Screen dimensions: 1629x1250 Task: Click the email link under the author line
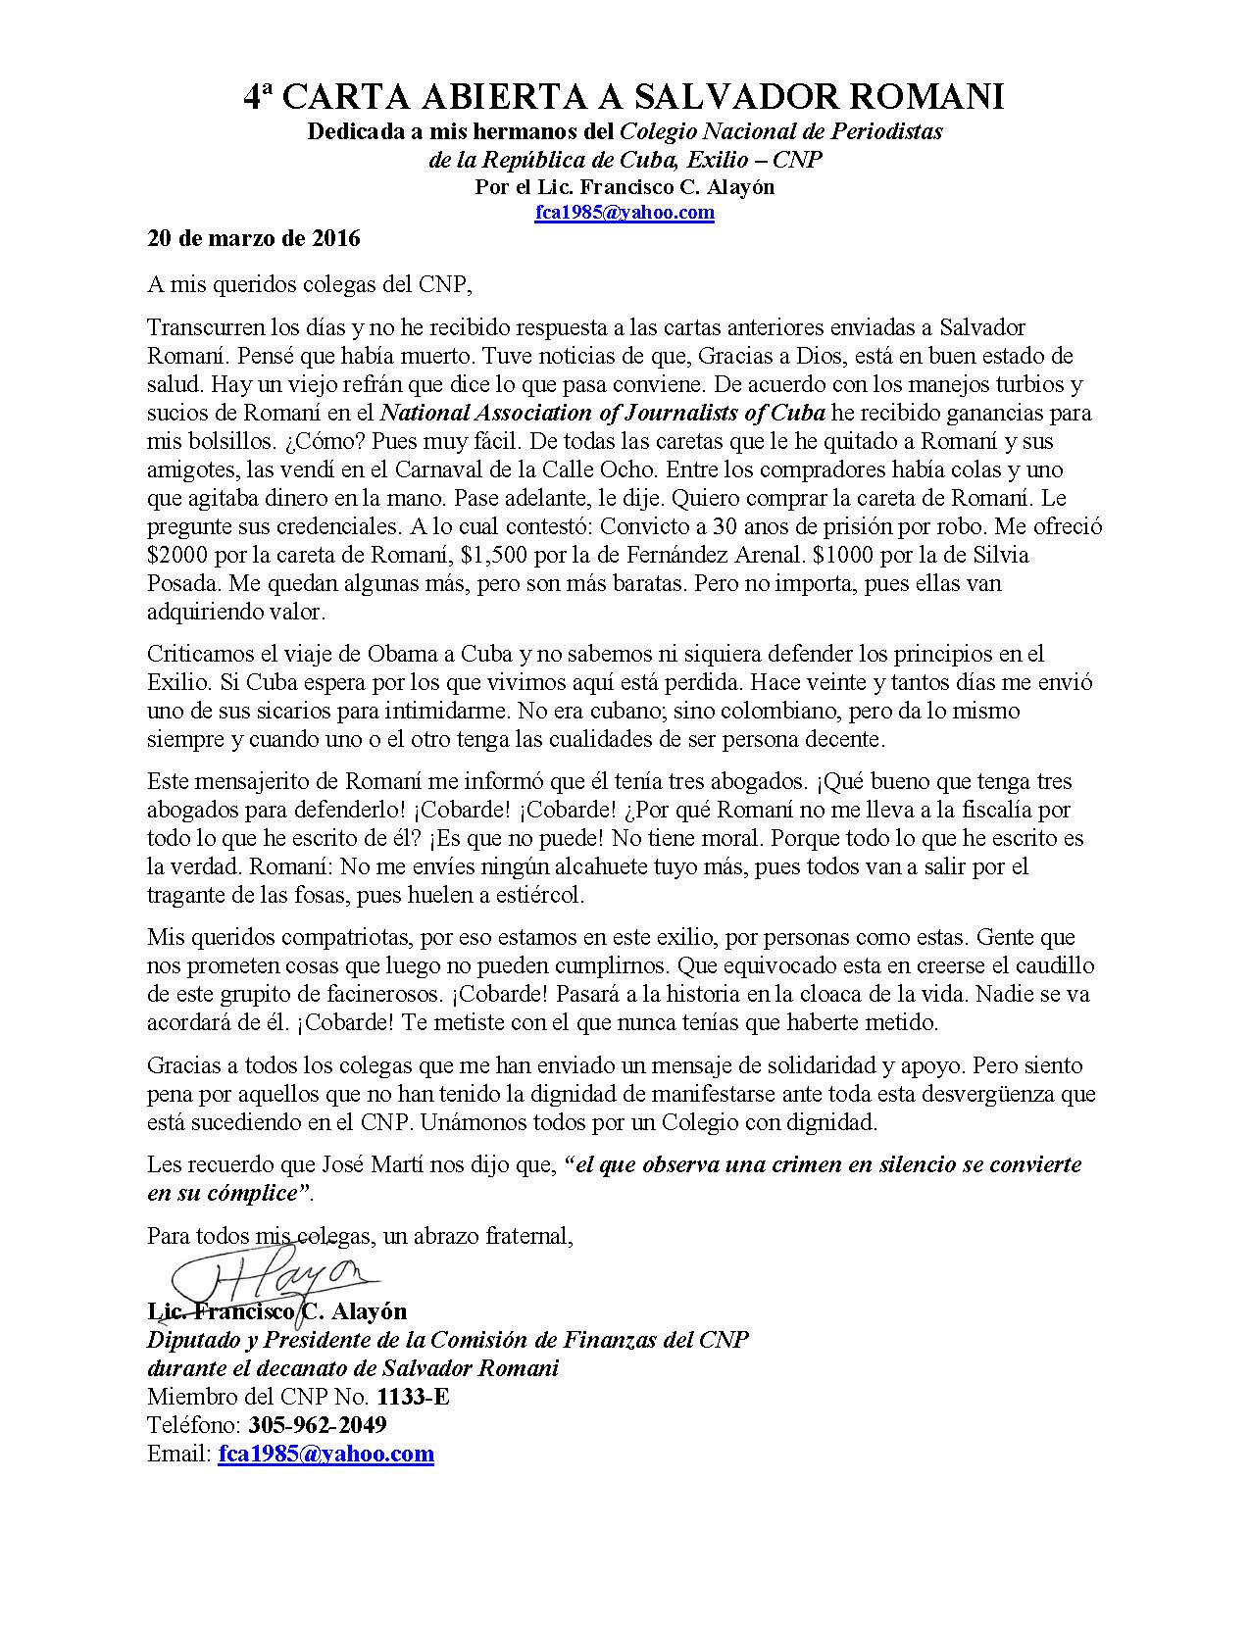(624, 213)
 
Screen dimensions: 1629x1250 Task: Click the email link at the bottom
(325, 1453)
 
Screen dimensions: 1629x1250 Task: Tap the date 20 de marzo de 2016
(254, 238)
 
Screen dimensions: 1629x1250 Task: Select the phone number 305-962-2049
(318, 1424)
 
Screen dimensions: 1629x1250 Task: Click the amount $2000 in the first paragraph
(173, 555)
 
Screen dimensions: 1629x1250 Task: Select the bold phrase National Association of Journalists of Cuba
(602, 413)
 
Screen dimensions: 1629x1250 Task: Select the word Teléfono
(194, 1424)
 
